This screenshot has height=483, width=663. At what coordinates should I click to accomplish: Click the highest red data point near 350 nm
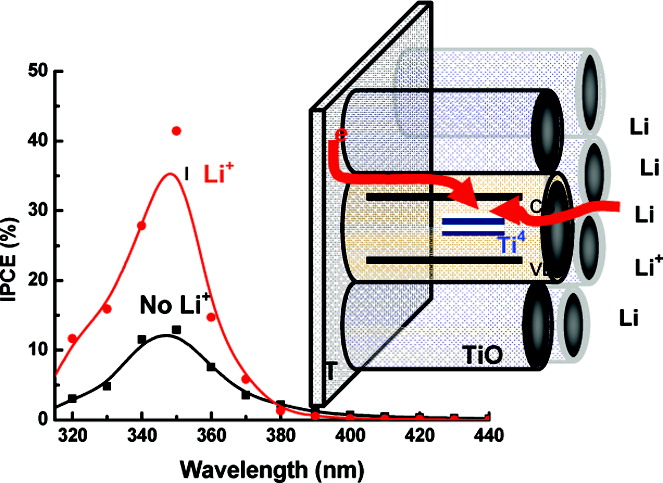177,131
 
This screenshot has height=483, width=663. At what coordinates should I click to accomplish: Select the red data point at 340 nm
142,225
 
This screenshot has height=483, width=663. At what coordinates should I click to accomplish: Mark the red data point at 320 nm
72,338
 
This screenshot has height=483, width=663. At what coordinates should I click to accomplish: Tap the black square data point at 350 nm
176,329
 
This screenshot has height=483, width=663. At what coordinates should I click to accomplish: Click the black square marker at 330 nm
107,385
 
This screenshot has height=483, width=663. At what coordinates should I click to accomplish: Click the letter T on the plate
331,373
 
